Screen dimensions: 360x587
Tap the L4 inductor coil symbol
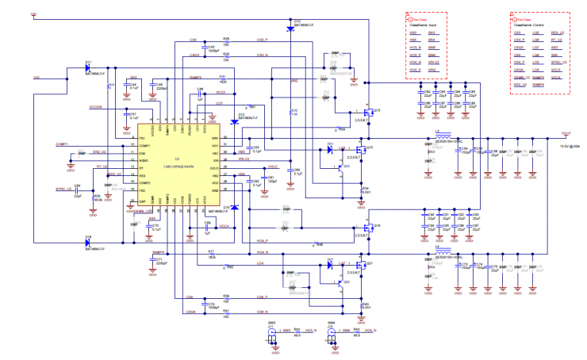coord(443,255)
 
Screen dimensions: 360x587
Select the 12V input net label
coord(36,78)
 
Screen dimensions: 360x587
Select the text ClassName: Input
coord(424,25)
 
